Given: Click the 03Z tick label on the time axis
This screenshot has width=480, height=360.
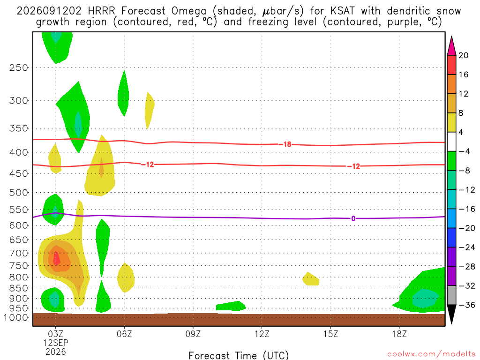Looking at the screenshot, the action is tap(55, 334).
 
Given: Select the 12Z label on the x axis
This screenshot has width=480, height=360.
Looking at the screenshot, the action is tap(262, 334).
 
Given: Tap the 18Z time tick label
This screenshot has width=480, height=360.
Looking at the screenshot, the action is tap(399, 334).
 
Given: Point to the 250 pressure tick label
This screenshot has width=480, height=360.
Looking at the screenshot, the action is tap(19, 67).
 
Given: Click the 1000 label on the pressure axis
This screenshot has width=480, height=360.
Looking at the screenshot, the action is tap(16, 317).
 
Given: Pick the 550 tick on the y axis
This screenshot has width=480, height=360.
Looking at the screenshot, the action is tap(19, 210).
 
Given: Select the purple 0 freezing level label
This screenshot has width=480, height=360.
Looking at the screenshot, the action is tap(353, 218).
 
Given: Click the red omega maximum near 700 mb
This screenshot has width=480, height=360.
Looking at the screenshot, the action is tap(56, 258).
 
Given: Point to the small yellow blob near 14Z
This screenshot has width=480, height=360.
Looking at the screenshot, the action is tap(310, 279).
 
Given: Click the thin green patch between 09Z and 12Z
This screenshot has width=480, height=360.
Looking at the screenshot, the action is tap(231, 306).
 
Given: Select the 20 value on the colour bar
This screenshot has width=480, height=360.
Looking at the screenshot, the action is tap(463, 55).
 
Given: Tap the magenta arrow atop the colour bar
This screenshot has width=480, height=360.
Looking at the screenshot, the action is tap(451, 46).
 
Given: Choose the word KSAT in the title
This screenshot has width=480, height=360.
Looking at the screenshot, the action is tap(342, 11).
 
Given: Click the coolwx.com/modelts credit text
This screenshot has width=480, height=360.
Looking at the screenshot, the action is tap(431, 354).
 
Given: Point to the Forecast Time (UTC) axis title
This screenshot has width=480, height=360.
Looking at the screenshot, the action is tap(239, 355).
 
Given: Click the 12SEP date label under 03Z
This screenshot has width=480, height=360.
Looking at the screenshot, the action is tap(55, 343).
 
